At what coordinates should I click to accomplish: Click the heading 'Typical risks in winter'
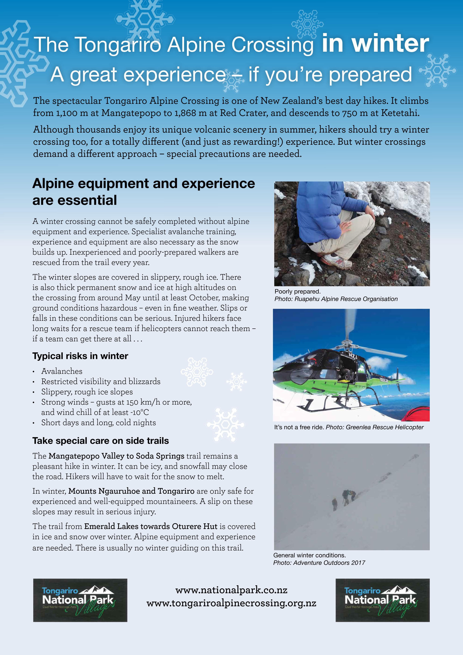[80, 356]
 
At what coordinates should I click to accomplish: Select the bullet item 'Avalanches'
[62, 371]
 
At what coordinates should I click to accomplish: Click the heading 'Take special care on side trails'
[100, 441]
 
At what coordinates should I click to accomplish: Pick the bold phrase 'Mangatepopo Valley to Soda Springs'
[116, 456]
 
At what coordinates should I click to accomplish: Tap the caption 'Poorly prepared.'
[298, 291]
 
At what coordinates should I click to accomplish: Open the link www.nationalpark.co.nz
[231, 590]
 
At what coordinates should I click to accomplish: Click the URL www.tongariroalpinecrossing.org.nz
[231, 603]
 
